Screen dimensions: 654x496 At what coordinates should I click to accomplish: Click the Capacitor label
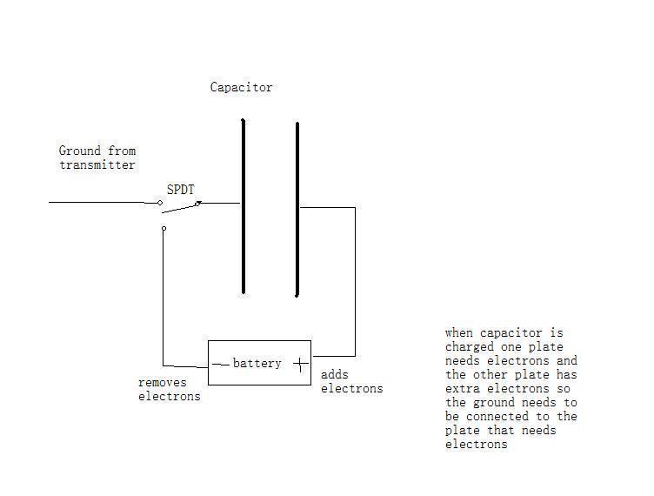(x=241, y=87)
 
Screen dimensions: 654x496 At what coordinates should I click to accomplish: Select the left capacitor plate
(x=244, y=206)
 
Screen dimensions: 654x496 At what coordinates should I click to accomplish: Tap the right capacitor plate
(x=297, y=210)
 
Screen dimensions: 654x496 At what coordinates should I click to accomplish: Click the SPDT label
(x=181, y=190)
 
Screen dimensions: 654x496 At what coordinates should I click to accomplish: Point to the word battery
(x=257, y=364)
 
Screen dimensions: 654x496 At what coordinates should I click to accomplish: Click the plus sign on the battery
(x=301, y=365)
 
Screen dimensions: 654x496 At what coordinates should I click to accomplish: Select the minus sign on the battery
(x=221, y=365)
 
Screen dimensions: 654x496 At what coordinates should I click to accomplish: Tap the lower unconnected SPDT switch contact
(x=163, y=228)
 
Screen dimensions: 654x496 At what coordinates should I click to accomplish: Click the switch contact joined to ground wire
(x=160, y=203)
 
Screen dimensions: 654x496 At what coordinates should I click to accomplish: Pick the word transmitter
(x=97, y=164)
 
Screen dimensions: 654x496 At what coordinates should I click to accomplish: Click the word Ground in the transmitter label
(x=80, y=151)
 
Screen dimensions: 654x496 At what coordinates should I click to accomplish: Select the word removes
(x=163, y=383)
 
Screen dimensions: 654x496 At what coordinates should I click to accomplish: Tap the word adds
(x=335, y=374)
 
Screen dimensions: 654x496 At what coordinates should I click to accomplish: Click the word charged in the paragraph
(x=470, y=347)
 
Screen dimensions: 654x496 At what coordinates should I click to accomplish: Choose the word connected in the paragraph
(x=497, y=416)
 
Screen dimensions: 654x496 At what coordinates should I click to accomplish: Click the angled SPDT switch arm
(x=182, y=208)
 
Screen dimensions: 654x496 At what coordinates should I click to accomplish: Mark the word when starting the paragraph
(x=459, y=333)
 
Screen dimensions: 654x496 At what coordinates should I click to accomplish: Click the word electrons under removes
(x=170, y=396)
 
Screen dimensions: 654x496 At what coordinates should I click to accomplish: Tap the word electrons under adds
(x=351, y=389)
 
